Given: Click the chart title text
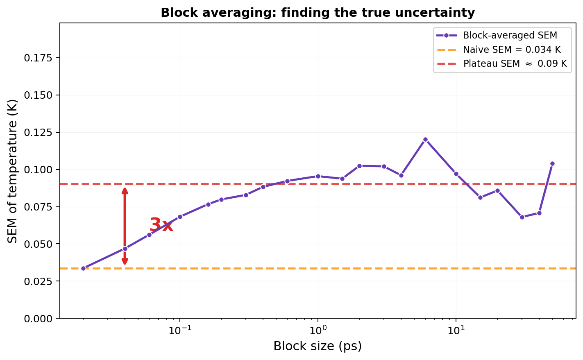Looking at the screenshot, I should click(x=318, y=13).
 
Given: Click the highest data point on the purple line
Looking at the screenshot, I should click(x=425, y=139).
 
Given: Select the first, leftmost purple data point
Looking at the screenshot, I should click(x=83, y=268).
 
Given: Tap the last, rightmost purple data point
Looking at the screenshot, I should click(x=552, y=163).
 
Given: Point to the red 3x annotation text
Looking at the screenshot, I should click(x=161, y=225).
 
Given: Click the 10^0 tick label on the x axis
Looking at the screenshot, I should click(x=318, y=329).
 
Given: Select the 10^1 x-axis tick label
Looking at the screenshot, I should click(x=456, y=329).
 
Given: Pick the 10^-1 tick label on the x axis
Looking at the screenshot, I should click(x=179, y=329).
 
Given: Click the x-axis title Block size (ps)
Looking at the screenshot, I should click(x=318, y=346).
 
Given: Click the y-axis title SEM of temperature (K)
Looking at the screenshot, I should click(x=13, y=171).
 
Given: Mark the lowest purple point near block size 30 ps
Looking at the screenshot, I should click(x=522, y=217).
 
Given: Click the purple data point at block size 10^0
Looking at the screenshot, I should click(x=318, y=176).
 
